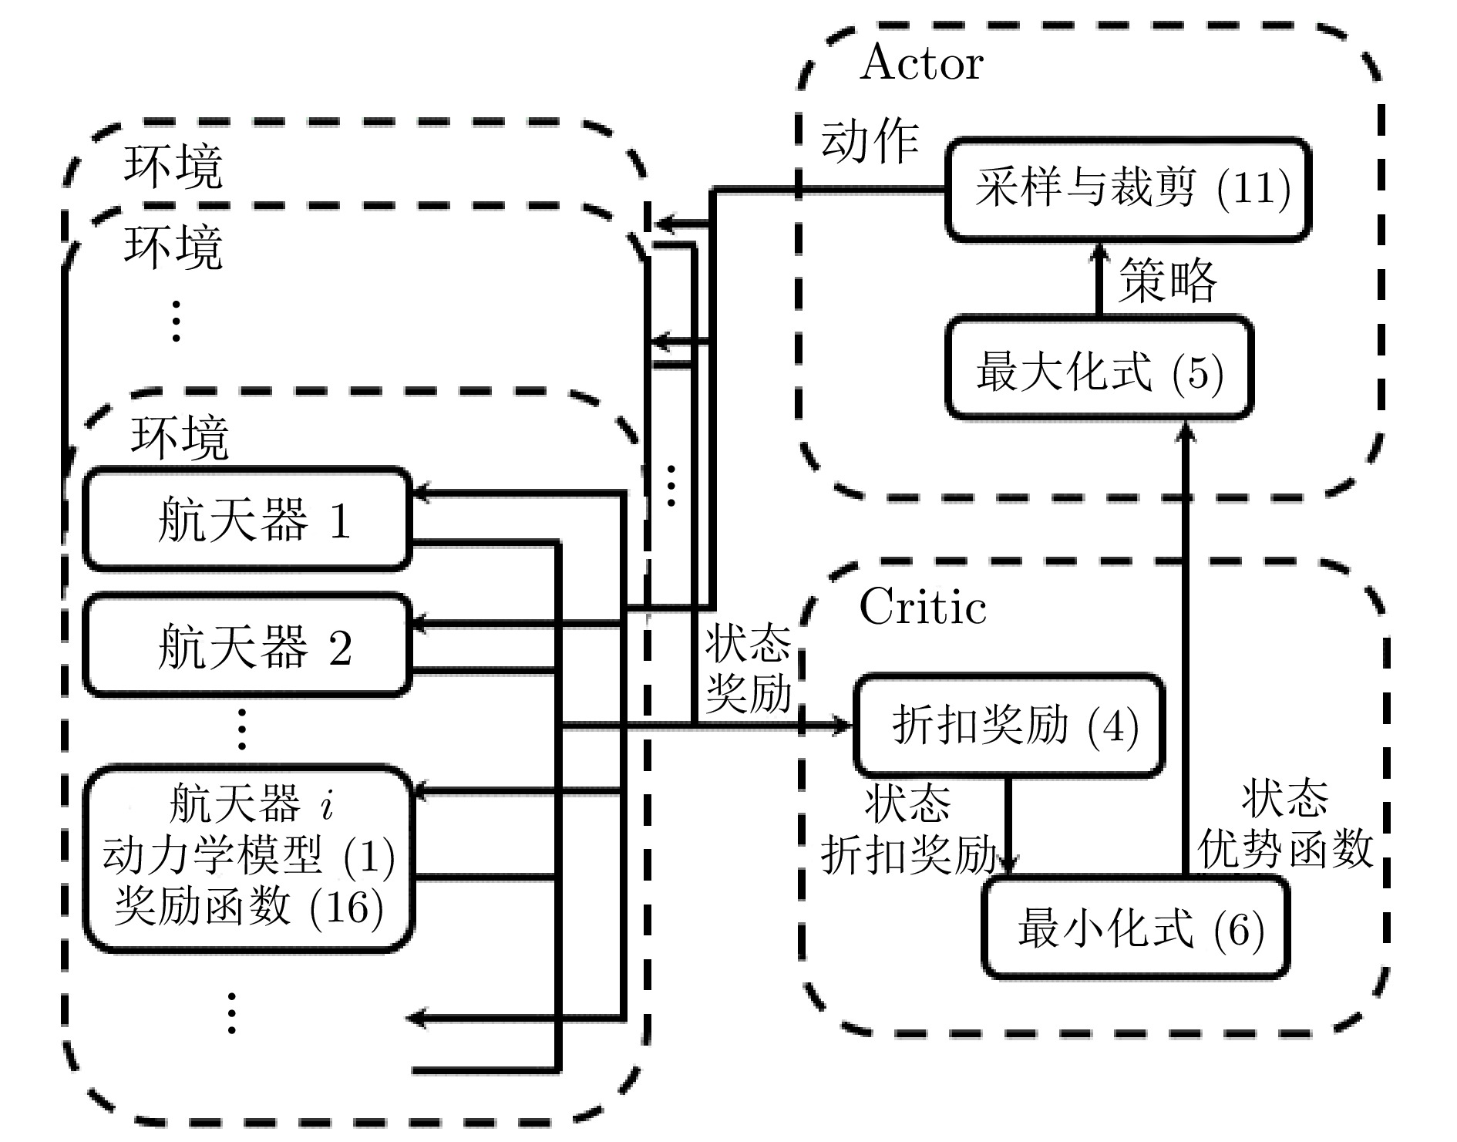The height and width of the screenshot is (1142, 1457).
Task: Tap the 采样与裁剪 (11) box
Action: [x=1128, y=189]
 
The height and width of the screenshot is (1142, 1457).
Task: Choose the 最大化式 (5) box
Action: [x=1099, y=369]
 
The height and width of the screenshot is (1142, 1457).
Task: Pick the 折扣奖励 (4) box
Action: [x=1008, y=725]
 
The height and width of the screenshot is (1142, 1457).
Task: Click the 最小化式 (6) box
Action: [x=1136, y=928]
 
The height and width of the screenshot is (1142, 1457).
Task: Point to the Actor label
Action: [x=921, y=63]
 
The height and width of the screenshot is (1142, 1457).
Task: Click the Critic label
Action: [x=922, y=608]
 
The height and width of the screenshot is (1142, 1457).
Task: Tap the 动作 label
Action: [x=870, y=143]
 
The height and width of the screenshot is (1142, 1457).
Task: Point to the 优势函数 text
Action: [x=1285, y=849]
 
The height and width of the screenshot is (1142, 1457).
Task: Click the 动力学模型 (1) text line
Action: [x=248, y=856]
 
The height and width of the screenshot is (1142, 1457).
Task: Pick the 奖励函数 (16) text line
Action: [x=248, y=906]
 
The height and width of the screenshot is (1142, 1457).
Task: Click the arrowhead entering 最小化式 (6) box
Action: [x=1008, y=864]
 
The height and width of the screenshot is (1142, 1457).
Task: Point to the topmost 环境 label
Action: [x=173, y=166]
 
